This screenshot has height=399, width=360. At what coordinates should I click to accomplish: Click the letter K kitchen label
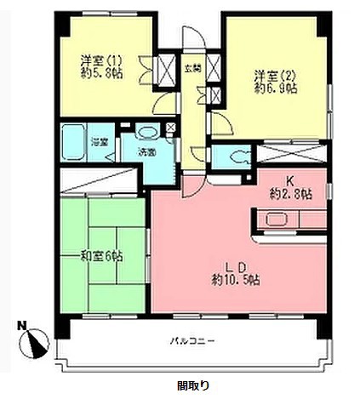pos(289,180)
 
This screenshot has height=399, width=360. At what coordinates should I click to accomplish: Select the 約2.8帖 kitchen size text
pos(289,194)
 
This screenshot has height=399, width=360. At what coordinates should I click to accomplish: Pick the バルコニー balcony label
pos(191,343)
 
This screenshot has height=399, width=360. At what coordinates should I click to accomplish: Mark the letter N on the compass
pos(20,324)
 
